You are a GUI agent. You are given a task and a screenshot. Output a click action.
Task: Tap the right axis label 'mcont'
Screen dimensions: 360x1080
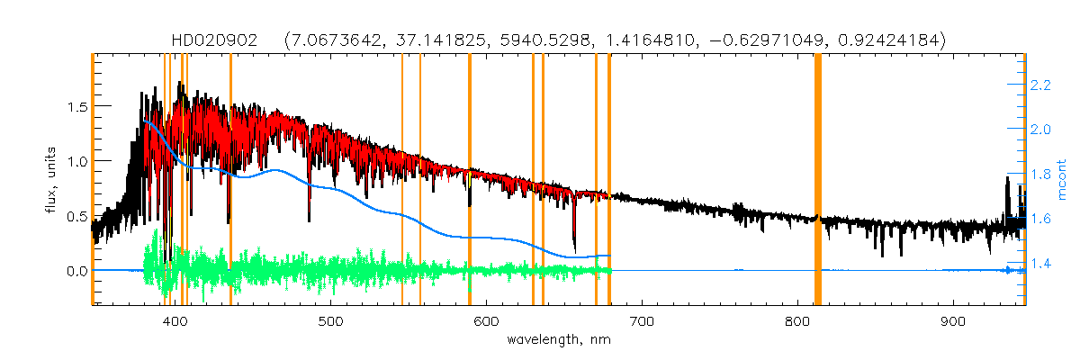coord(1061,179)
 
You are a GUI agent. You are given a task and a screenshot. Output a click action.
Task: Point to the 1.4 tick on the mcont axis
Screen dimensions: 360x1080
coord(1041,264)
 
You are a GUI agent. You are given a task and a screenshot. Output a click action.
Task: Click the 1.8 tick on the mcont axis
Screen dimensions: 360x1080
coord(1041,175)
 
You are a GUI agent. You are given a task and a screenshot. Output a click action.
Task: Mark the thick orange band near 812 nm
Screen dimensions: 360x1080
coord(818,180)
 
